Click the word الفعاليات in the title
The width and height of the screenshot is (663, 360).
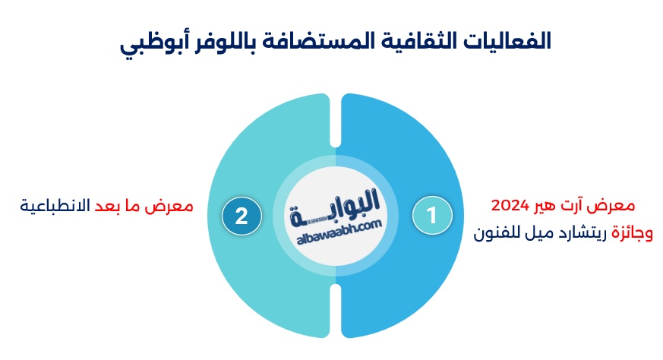[x=507, y=42]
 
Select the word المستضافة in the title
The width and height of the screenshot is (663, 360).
[x=317, y=42]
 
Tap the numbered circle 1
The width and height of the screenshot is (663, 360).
[x=432, y=216]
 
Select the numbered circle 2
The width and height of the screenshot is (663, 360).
[x=242, y=216]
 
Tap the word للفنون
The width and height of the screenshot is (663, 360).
[x=494, y=233]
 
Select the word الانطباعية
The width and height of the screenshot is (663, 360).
[x=55, y=206]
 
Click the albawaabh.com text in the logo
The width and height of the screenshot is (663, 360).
[x=339, y=232]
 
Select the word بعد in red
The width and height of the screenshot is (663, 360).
[x=106, y=206]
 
